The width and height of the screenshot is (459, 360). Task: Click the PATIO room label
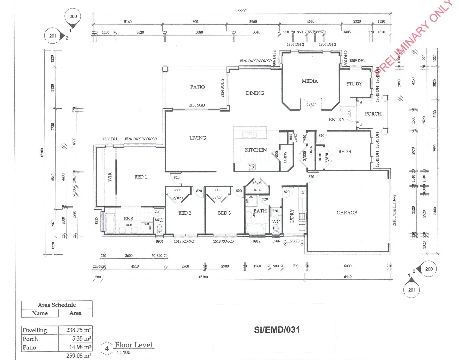point(197,87)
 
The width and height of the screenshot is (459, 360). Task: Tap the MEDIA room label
point(310,81)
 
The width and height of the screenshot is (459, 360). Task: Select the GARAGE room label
point(347,213)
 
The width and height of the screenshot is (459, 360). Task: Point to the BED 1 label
point(141,177)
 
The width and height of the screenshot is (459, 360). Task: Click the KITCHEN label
point(256,150)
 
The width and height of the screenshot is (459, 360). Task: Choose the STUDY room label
point(354,84)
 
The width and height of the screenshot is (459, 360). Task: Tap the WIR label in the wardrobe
point(110,177)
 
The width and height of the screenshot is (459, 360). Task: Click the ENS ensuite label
point(128,219)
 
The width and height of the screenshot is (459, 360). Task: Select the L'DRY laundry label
point(292,216)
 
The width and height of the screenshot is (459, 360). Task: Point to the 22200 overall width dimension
point(242,11)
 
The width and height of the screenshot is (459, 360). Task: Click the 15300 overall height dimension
point(42,153)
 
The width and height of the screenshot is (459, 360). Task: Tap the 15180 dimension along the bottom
point(203,277)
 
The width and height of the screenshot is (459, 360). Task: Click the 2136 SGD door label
point(197,105)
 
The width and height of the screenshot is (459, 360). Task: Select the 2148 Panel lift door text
point(394,210)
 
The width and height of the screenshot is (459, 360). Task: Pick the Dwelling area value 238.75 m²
point(79,330)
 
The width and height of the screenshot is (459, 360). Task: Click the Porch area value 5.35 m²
point(82,339)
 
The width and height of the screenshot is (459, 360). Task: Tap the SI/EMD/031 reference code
point(277,330)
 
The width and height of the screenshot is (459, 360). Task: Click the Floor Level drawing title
point(133,345)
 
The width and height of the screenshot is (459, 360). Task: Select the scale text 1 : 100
point(123,353)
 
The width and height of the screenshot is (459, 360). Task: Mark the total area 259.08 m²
point(79,356)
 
